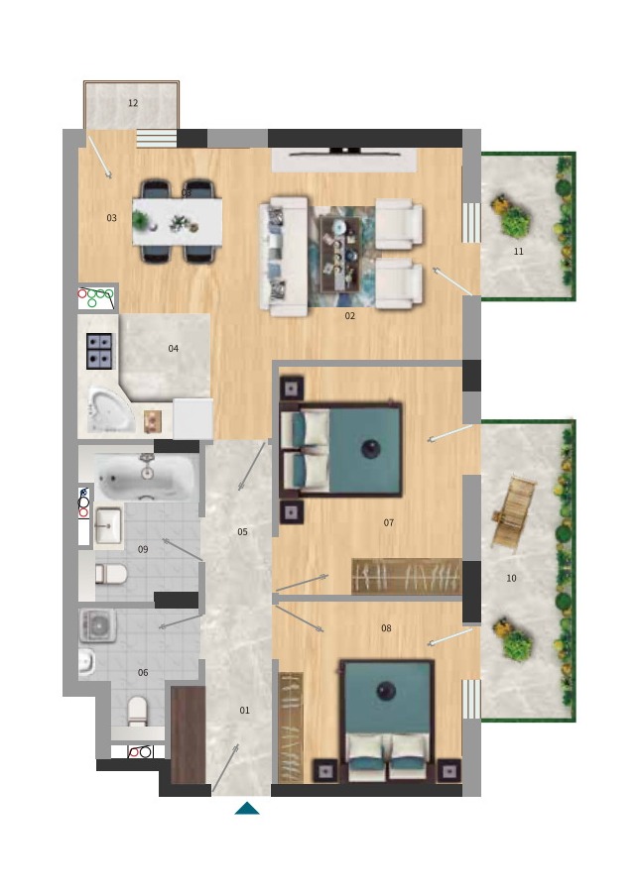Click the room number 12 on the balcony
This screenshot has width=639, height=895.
coord(133,103)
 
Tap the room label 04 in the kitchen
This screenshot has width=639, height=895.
coord(174,348)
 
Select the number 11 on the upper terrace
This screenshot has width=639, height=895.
coord(518,251)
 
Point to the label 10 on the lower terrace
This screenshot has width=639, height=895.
coord(512,578)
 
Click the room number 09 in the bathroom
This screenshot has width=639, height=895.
coord(143,549)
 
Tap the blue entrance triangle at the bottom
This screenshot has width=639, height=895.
coord(247,808)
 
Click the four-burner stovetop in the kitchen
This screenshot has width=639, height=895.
coord(99,351)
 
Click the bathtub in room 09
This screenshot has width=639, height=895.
coord(147,477)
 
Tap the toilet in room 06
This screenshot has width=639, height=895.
coord(138,711)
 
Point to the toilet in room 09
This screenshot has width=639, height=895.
coord(110,574)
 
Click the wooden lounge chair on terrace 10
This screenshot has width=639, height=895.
coord(513,512)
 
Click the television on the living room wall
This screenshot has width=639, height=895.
coord(344,152)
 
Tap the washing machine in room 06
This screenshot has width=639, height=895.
coord(98,624)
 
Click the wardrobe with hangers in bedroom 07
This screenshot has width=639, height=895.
coord(407,576)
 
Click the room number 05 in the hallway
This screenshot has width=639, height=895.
coord(242,532)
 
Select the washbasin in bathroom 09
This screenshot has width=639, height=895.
coord(108,525)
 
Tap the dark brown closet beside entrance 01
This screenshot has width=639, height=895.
coord(189,734)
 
